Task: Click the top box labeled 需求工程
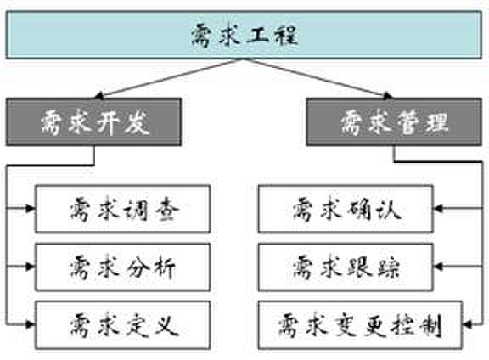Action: point(244,35)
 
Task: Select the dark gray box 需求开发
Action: point(93,122)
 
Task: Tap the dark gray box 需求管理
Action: point(394,122)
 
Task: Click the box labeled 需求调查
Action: point(122,209)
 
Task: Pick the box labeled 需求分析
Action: point(122,267)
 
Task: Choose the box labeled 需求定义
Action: point(122,324)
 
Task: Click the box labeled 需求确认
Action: point(346,209)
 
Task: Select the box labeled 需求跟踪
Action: point(346,267)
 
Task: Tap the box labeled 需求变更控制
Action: point(360,324)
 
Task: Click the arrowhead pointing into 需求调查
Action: point(31,208)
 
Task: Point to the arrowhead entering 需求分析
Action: point(31,267)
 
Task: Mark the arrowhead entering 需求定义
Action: point(31,324)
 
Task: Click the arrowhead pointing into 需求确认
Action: point(438,208)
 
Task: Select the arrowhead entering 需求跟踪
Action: point(438,267)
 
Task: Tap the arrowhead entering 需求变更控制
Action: point(467,324)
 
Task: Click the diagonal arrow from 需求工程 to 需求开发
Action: point(169,78)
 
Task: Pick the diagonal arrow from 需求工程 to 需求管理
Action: point(318,78)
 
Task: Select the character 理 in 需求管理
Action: point(437,122)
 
